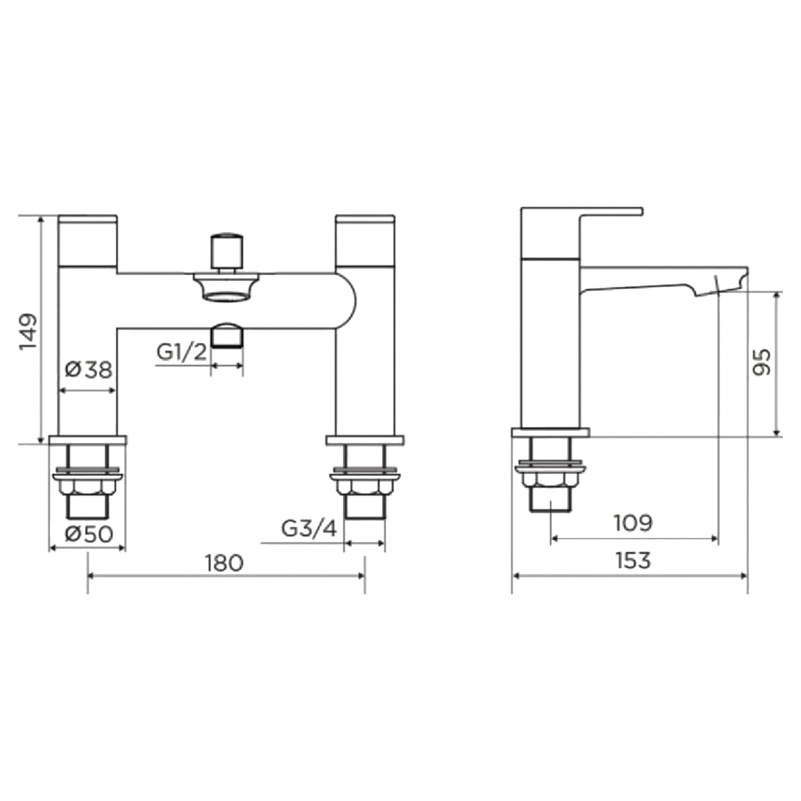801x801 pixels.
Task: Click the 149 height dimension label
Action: coord(28,332)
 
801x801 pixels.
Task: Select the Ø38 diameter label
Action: coord(89,370)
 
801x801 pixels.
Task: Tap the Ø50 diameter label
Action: coord(89,534)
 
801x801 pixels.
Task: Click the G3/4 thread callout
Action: coord(309,528)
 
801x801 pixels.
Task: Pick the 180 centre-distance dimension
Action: coord(224,563)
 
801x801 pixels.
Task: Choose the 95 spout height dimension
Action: coord(761,362)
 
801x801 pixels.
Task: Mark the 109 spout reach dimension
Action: coord(633,523)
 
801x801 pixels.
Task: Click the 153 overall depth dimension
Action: coord(633,561)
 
